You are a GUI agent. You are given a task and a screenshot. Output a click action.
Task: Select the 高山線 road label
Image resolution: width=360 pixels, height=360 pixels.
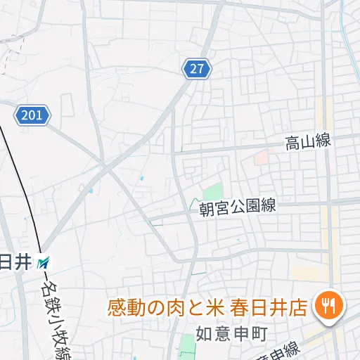coord(307,142)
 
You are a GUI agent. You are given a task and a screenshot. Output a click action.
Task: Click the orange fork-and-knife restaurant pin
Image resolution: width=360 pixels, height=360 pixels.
coord(328,304)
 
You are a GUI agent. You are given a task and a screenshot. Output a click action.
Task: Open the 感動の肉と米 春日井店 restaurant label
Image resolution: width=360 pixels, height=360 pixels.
coord(207,307)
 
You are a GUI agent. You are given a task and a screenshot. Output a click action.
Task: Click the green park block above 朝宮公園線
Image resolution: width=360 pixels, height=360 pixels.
coord(212,191)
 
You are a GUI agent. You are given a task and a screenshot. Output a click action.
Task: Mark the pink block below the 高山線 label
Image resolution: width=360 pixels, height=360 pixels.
coord(261,157)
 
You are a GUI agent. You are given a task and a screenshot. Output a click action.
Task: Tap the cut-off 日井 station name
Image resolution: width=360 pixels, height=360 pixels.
coord(15,263)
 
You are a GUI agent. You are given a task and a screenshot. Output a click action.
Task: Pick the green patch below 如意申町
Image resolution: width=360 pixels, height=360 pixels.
coord(186,346)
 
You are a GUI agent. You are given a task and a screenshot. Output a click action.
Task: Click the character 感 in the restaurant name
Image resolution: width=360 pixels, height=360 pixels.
coord(116,307)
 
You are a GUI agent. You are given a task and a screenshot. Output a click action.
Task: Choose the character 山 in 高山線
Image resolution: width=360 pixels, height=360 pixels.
coord(307,142)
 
